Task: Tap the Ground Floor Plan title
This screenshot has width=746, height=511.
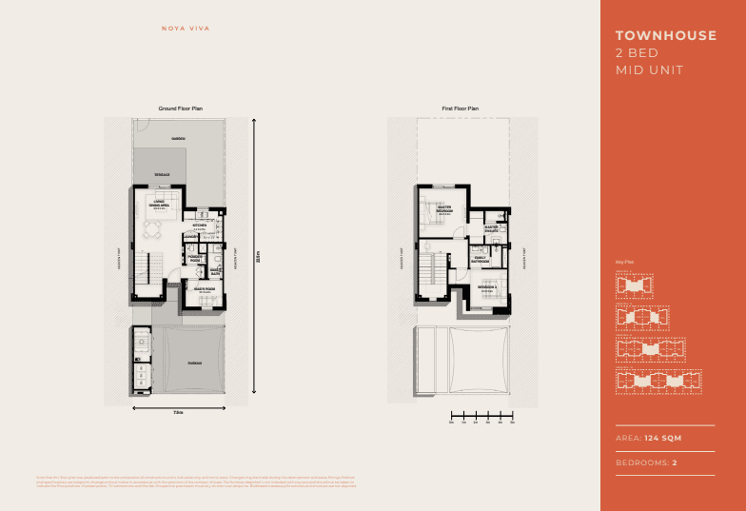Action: (180, 109)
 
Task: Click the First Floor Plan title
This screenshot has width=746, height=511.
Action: (461, 109)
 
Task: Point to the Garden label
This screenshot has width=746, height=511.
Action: (178, 139)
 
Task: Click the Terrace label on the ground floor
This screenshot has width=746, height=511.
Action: (163, 175)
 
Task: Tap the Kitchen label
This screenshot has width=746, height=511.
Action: (200, 226)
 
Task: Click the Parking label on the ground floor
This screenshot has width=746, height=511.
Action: (194, 364)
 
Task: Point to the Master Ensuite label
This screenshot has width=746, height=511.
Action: (492, 229)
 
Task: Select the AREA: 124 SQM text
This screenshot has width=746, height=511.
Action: (649, 438)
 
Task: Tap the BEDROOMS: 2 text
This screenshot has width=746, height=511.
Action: (647, 462)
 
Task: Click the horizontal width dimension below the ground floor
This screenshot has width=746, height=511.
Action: (178, 410)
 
